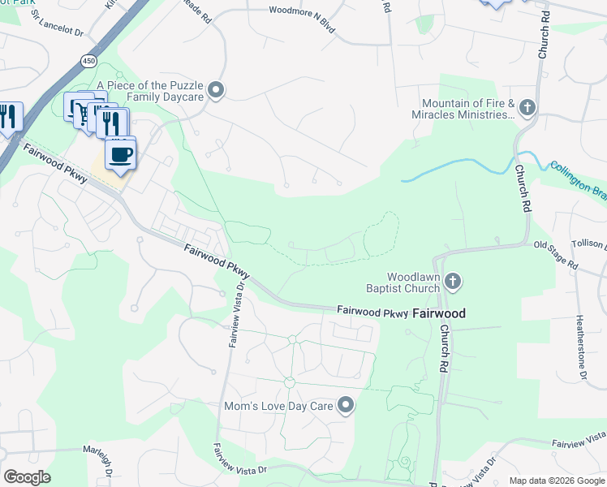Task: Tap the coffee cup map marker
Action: tap(121, 154)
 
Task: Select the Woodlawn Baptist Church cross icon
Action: tap(453, 281)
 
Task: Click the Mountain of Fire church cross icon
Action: tap(527, 106)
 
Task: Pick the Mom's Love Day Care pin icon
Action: tap(347, 405)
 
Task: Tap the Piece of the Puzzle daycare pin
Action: tap(215, 90)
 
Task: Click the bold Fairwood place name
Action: tap(439, 312)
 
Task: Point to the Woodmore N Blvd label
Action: tap(303, 11)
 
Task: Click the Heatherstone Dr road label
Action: tap(581, 347)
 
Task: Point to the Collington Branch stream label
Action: tap(578, 170)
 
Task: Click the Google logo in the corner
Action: tap(27, 477)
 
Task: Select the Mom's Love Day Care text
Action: tap(279, 405)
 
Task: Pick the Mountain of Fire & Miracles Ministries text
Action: tap(468, 109)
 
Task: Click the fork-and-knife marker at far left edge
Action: tap(8, 117)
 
